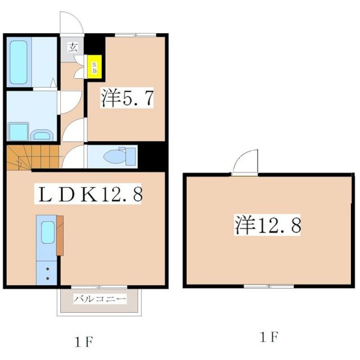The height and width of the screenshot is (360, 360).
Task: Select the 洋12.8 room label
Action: click(268, 226)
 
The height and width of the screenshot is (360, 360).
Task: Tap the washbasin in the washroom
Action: click(41, 134)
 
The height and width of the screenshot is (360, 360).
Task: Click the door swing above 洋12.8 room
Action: click(246, 163)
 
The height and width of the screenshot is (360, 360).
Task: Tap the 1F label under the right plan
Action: click(269, 337)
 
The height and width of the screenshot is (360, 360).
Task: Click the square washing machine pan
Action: click(18, 130)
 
